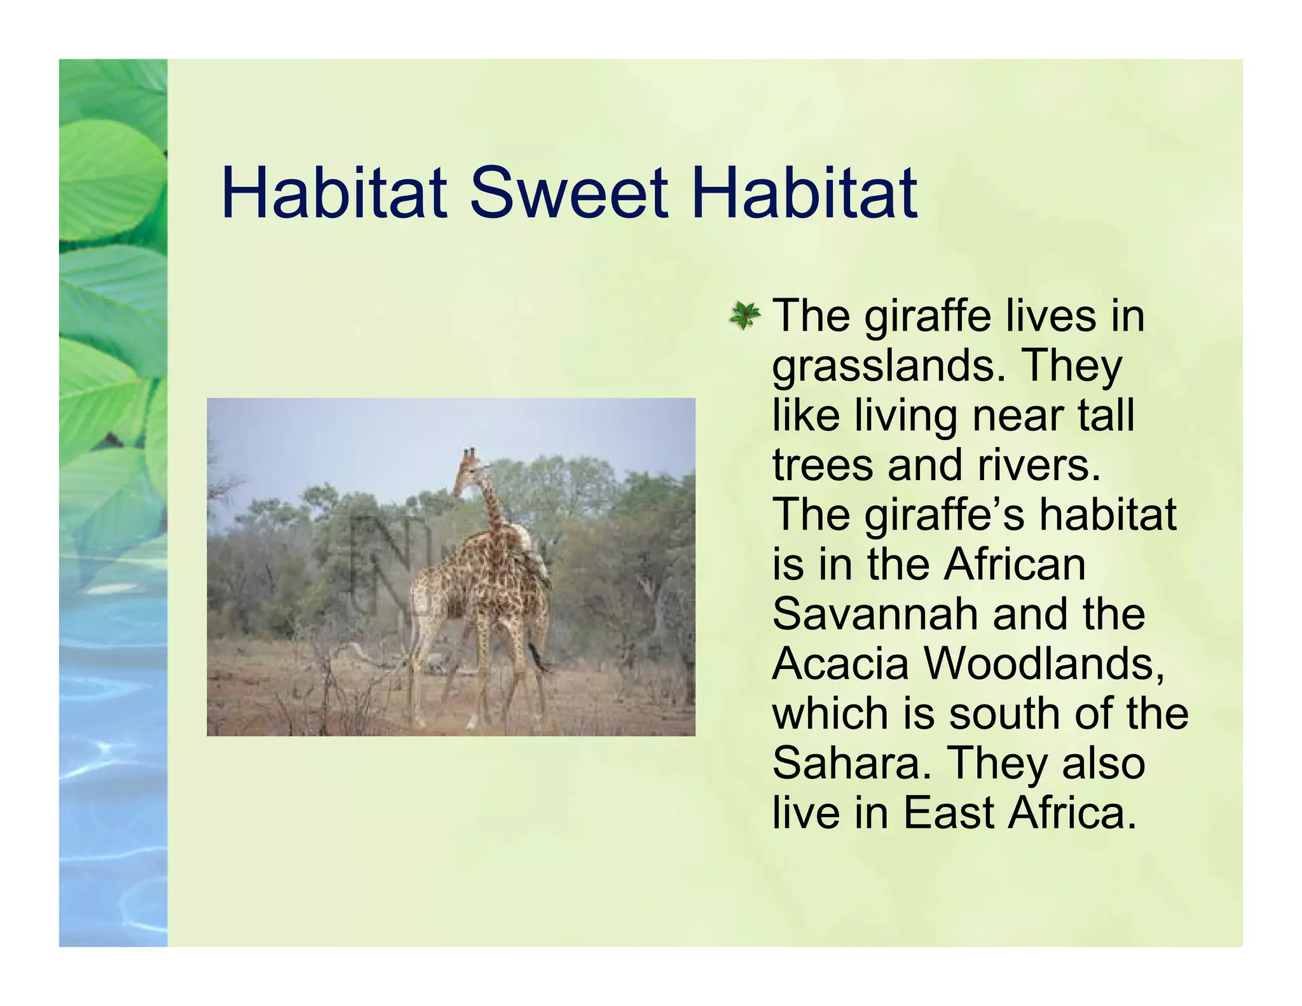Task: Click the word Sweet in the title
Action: (x=570, y=192)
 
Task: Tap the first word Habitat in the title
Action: (x=334, y=192)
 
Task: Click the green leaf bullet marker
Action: (x=744, y=316)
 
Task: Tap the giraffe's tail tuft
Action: (x=541, y=665)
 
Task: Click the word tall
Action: (x=1106, y=416)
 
